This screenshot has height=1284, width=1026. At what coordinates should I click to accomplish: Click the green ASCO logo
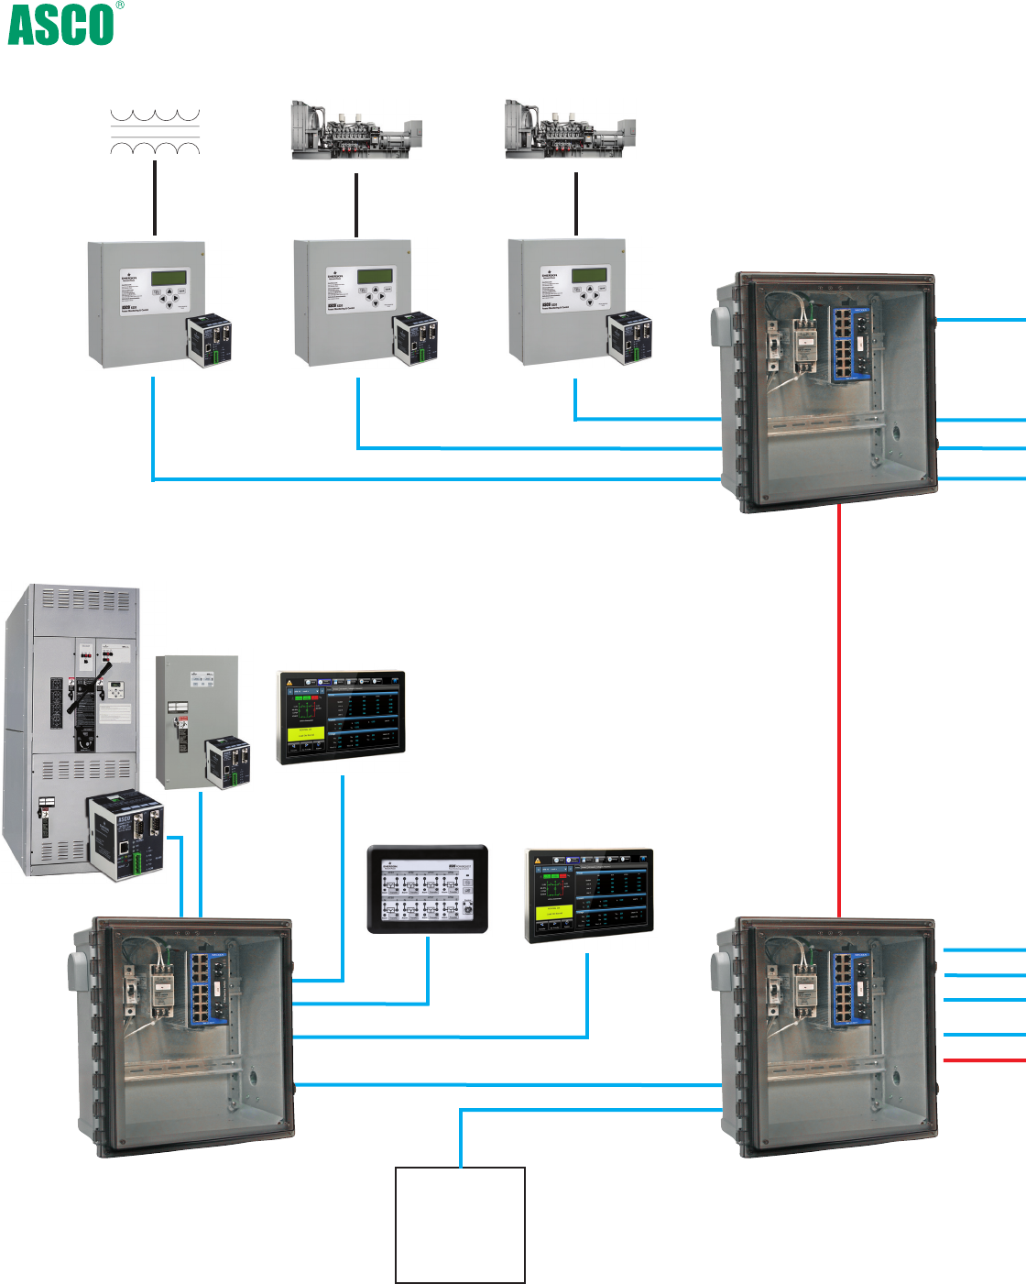60,25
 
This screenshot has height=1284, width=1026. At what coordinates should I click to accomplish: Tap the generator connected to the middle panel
355,130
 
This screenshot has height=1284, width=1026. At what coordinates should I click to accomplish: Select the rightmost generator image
570,130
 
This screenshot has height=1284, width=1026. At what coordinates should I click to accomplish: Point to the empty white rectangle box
460,1224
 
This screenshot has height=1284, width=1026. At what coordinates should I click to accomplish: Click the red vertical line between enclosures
839,710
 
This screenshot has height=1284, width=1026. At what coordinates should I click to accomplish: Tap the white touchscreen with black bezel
428,890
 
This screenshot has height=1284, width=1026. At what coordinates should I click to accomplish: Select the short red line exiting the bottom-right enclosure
984,1060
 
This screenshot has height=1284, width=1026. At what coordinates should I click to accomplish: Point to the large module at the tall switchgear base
126,836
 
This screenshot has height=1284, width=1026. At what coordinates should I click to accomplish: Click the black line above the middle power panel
356,204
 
